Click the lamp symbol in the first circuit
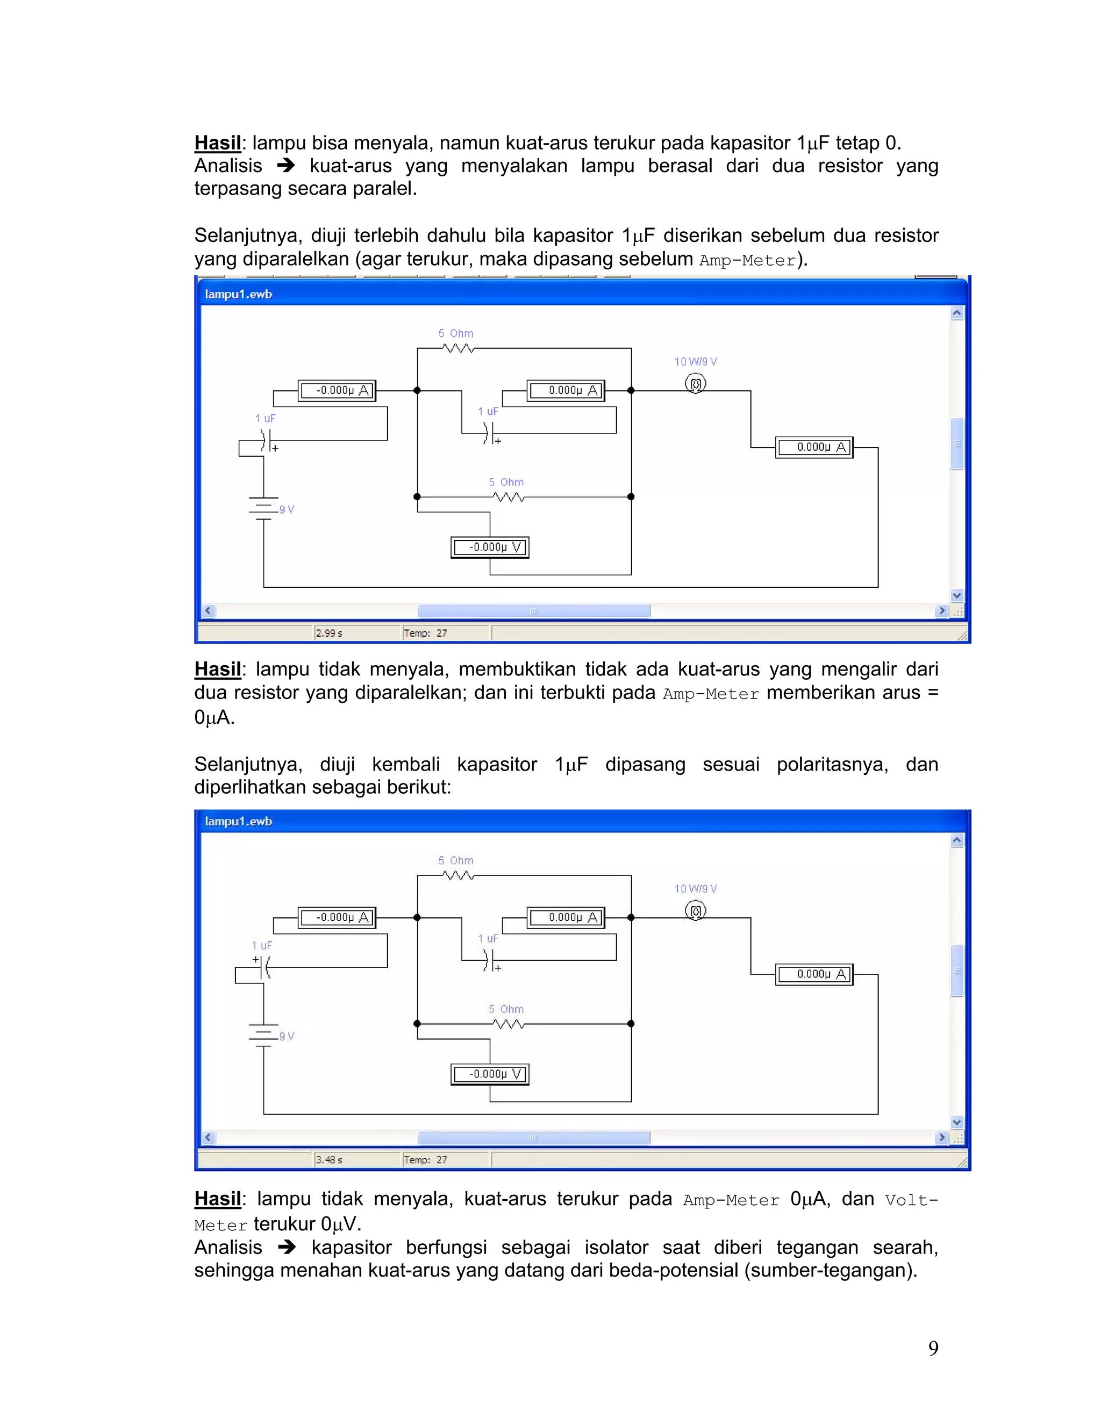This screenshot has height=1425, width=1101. (695, 383)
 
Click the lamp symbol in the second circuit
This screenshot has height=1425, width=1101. (695, 910)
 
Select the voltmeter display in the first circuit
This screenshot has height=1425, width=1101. (490, 547)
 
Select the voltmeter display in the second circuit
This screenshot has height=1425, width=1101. (490, 1073)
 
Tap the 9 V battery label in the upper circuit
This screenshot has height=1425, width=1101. (287, 510)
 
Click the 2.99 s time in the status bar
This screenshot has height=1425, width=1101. (330, 633)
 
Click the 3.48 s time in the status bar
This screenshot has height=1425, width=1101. (330, 1159)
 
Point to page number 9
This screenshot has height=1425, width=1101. (933, 1348)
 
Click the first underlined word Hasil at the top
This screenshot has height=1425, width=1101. (218, 143)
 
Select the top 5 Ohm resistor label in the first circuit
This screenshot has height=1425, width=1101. (456, 333)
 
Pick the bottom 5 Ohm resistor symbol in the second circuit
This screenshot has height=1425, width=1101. (508, 1024)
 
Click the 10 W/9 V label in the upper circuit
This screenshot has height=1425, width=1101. (695, 361)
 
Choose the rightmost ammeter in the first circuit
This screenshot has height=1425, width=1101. (814, 447)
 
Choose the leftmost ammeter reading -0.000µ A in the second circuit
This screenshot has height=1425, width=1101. (337, 917)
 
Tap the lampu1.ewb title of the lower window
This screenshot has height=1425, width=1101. (239, 821)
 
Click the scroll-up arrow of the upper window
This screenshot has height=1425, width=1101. (957, 313)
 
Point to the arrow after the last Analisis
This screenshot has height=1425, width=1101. (287, 1248)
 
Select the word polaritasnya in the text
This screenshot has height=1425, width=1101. (832, 764)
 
